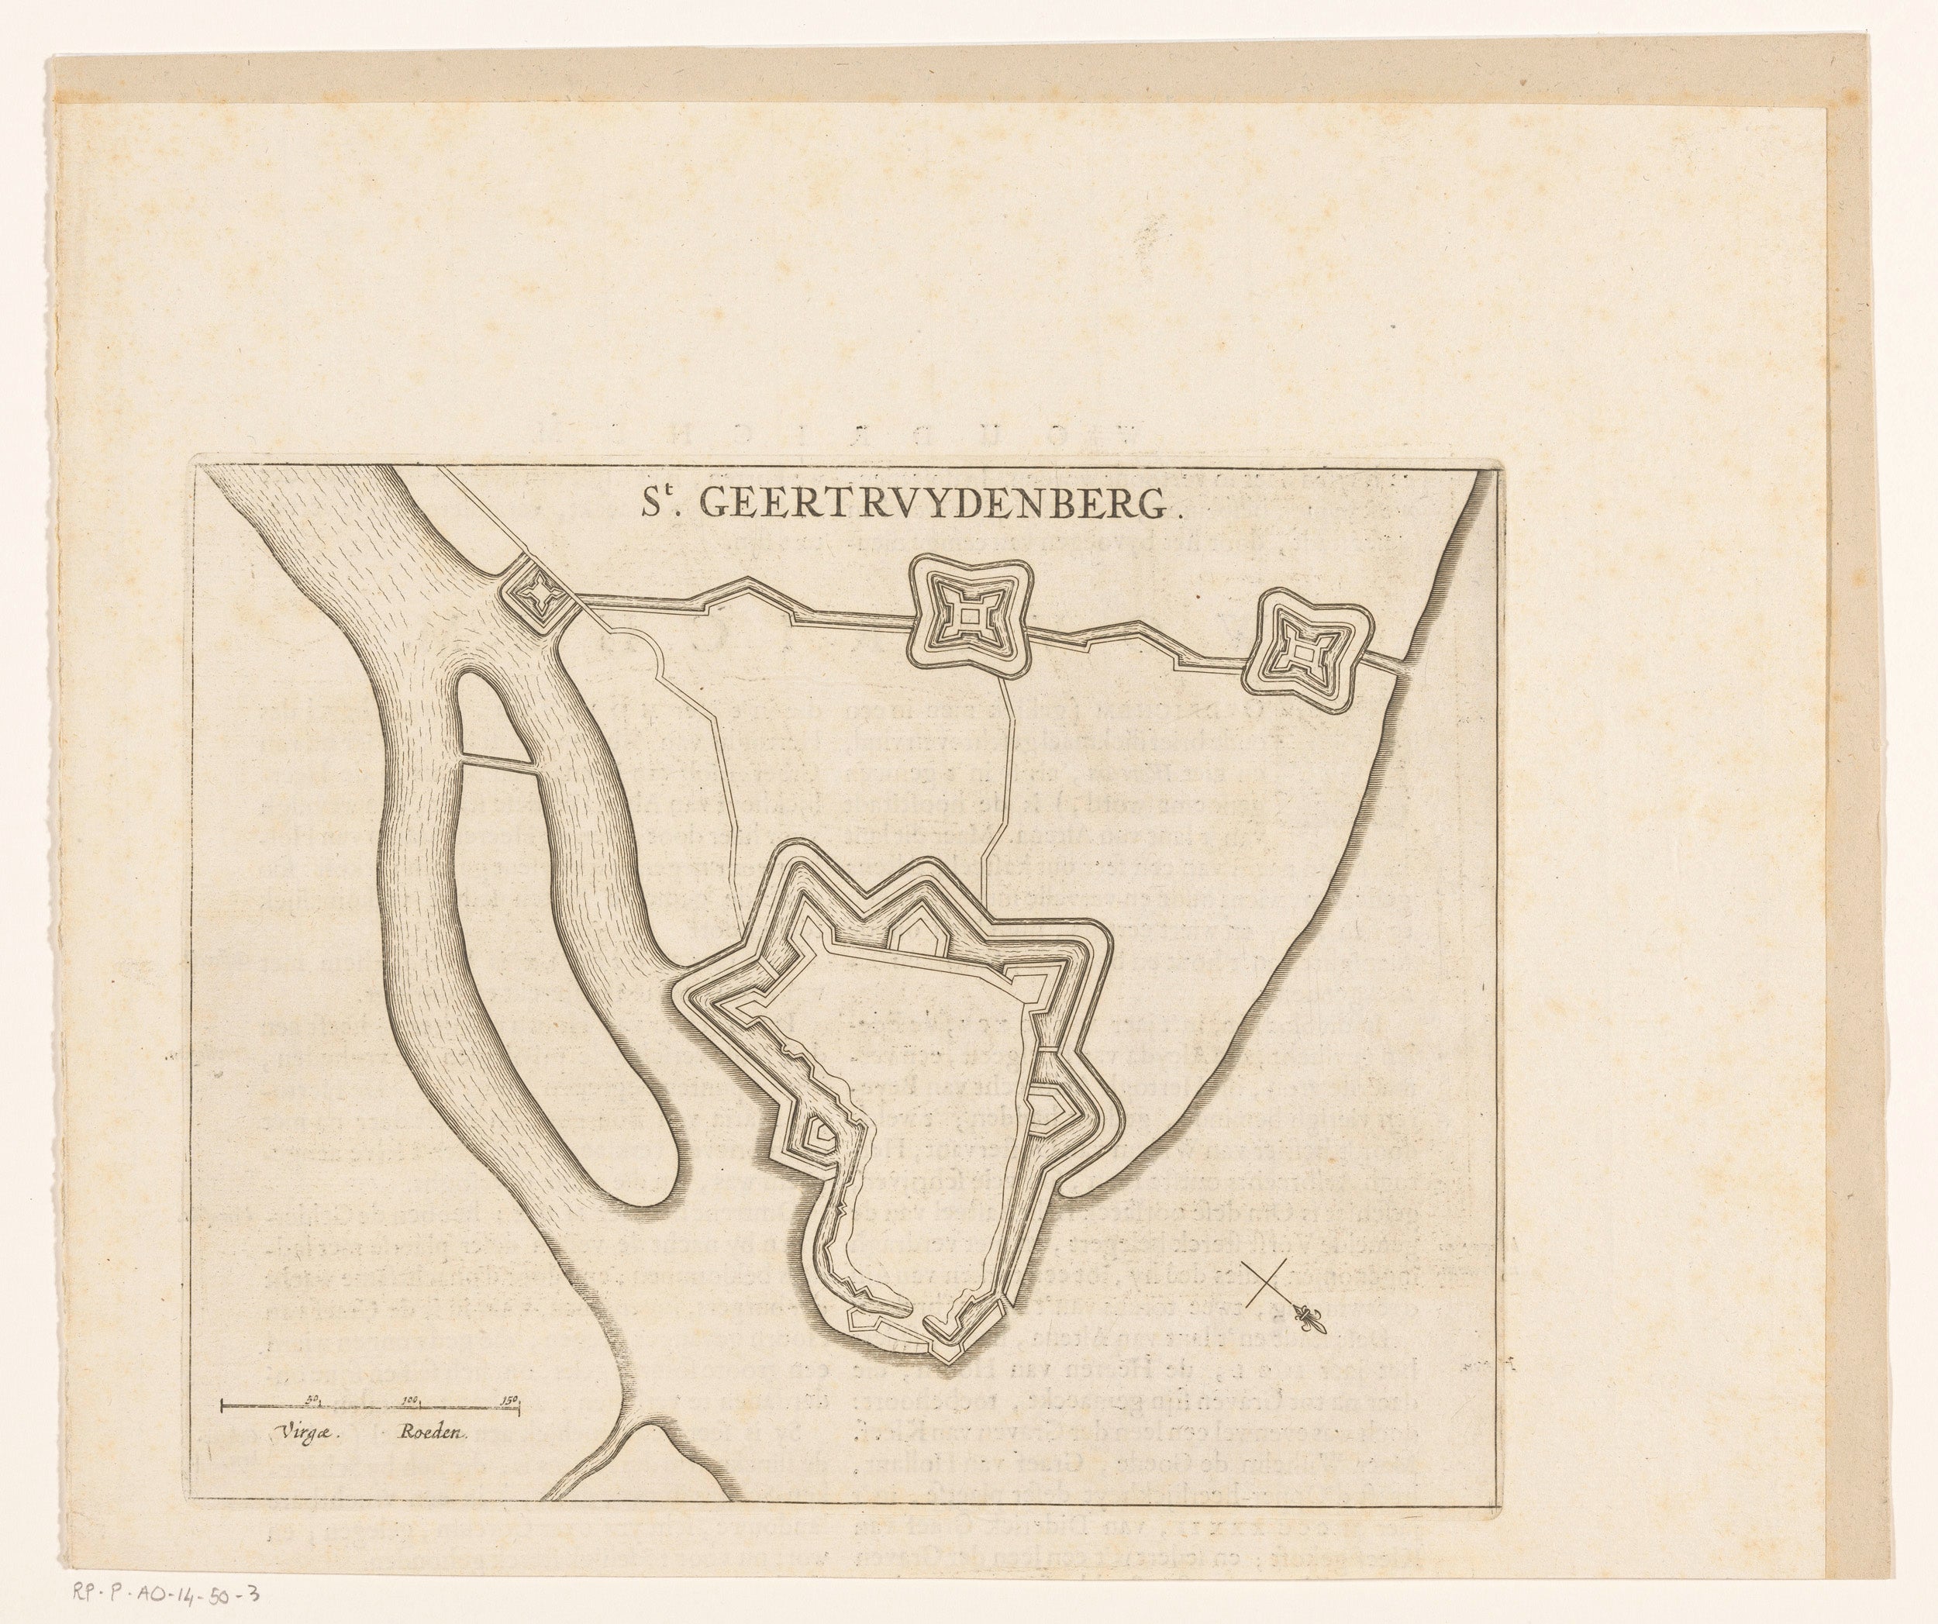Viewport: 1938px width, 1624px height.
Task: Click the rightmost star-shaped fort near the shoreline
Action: tap(1302, 653)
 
